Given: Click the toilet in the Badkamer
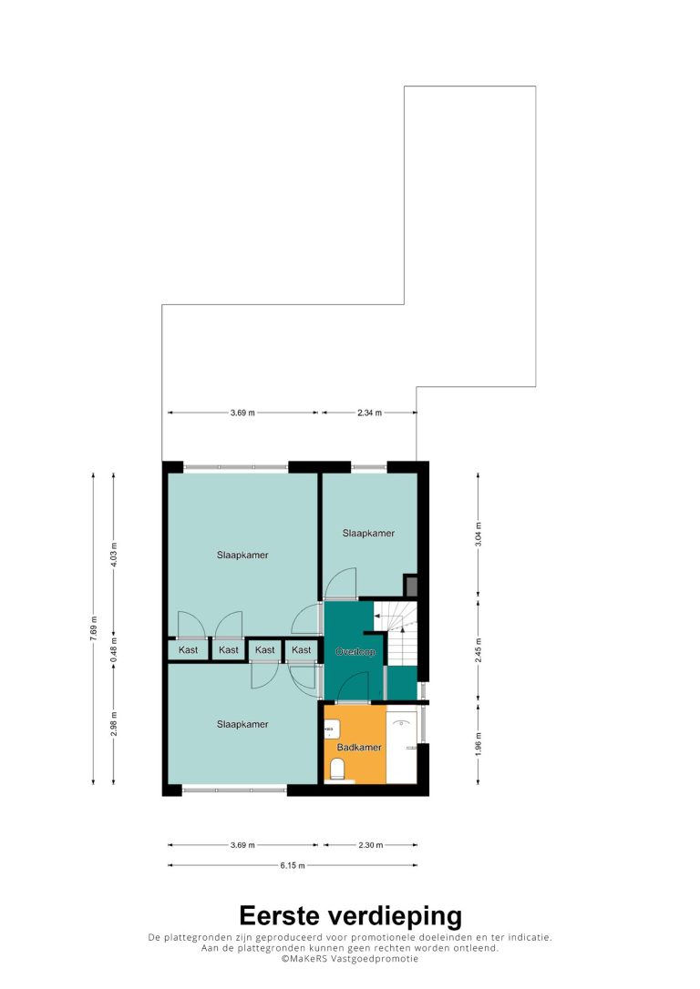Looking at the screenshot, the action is (x=337, y=770).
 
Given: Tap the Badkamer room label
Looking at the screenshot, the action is (x=359, y=748).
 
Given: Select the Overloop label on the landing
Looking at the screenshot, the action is (x=355, y=651).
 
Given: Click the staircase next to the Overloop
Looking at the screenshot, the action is (x=396, y=633).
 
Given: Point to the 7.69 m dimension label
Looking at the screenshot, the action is (x=94, y=628).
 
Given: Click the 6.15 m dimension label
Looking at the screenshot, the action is (x=293, y=865).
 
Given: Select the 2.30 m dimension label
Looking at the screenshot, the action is (x=371, y=844).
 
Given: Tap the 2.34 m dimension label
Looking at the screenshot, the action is (x=369, y=413).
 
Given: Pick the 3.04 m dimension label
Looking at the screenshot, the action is (x=479, y=535).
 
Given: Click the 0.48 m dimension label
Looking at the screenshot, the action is (x=114, y=650).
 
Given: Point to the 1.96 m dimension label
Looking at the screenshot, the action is (x=479, y=744).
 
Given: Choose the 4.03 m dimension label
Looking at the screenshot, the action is (x=114, y=555).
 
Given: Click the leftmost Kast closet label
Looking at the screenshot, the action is (x=188, y=649).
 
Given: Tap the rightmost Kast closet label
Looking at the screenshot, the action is (x=301, y=649).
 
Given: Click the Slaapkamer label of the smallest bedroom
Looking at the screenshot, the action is (x=368, y=533).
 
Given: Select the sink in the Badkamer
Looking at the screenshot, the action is (x=332, y=729).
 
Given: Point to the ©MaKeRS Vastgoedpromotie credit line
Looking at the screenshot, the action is (x=350, y=959).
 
